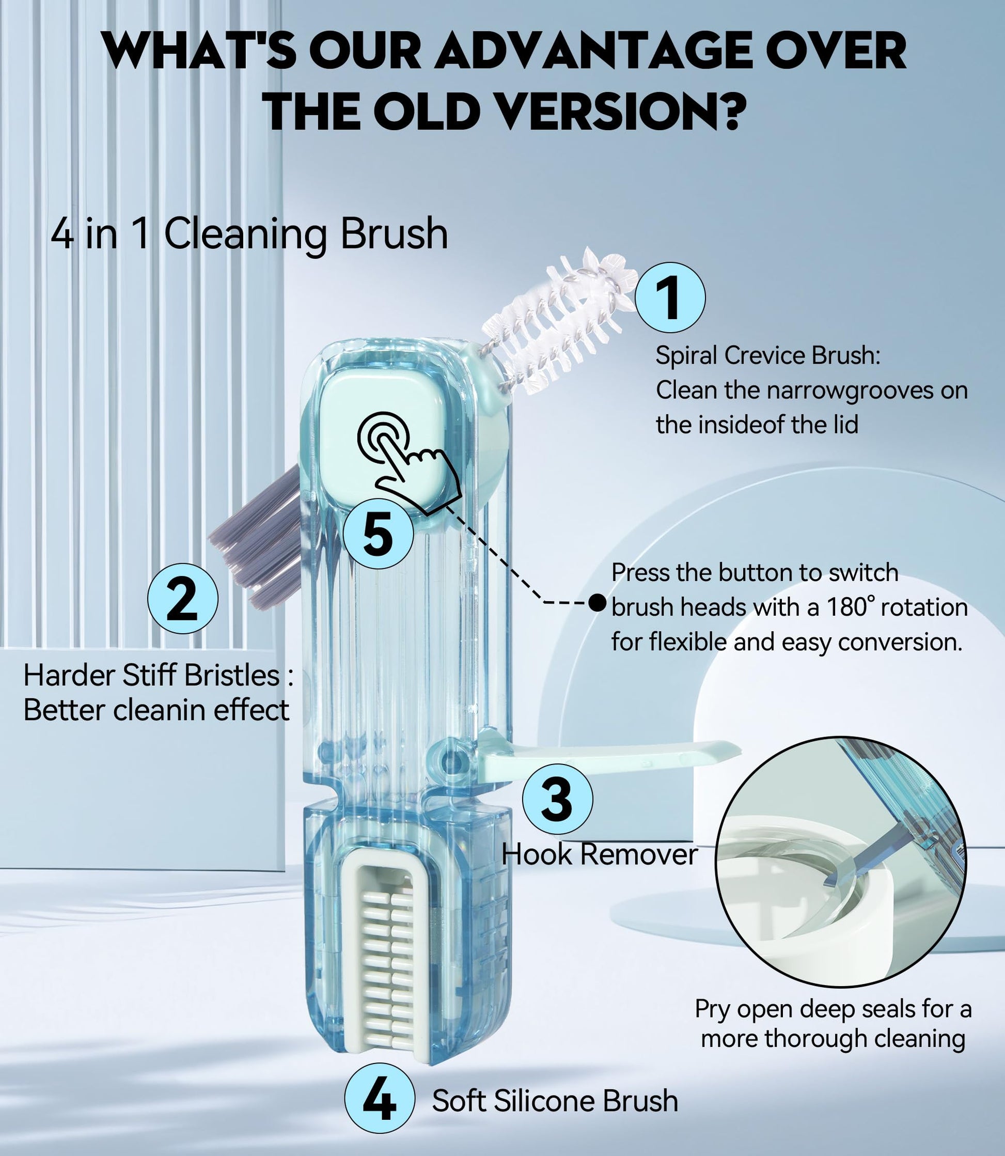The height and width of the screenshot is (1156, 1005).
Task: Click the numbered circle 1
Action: click(670, 298)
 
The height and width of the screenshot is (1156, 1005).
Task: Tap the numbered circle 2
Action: click(183, 599)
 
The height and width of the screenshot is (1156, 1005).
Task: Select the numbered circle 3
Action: click(557, 799)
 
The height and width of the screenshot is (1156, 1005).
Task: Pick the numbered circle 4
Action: click(380, 1099)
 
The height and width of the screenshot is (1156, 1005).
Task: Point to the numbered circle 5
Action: click(378, 533)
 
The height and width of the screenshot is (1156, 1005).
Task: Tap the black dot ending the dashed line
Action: click(598, 603)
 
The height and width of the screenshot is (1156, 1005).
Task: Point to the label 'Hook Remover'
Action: click(600, 854)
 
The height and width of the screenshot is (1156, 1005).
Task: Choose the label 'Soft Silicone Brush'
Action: click(555, 1100)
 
